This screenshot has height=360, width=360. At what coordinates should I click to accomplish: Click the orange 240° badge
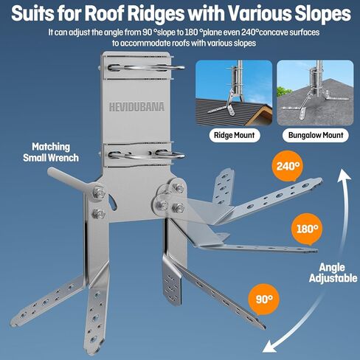pos(288,166)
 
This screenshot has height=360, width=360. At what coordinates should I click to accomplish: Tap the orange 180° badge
pos(307,229)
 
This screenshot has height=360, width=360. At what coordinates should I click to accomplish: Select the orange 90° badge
pos(264,300)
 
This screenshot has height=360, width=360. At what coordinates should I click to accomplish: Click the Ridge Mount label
pos(235,135)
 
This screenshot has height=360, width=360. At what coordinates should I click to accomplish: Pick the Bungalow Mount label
pos(316,135)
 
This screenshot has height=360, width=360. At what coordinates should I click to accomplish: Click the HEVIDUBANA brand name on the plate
pos(136,107)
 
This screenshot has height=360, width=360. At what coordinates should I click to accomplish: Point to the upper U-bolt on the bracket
pos(146,68)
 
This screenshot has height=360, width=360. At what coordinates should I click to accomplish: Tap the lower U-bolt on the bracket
pos(147,156)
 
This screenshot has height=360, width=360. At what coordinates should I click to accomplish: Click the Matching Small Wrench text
pos(51,152)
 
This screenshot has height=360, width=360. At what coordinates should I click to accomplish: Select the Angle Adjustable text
pos(333,273)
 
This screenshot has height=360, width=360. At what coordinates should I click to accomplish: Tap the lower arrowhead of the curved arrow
pos(270,347)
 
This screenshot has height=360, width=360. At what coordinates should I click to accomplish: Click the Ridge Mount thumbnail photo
pos(234,93)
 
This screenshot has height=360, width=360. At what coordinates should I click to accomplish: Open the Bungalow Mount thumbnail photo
pos(315,93)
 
